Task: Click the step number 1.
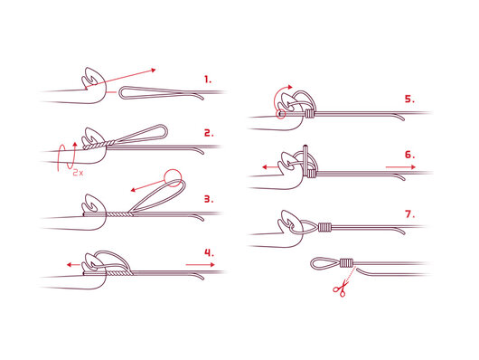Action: point(208,81)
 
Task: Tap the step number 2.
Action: point(209,133)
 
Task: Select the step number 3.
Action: point(209,199)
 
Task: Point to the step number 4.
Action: point(210,253)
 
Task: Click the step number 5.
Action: point(410,99)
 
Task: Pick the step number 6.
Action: point(410,155)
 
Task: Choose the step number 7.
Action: point(410,214)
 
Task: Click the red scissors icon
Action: point(341,289)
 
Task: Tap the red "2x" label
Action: point(78,173)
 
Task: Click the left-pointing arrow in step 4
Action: point(73,264)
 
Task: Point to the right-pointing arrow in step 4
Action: point(200,264)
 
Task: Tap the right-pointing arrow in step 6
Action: point(400,167)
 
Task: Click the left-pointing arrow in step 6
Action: point(269,167)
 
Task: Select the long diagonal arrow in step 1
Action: point(121,79)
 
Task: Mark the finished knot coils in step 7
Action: point(324,227)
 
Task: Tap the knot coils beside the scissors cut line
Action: point(346,262)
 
